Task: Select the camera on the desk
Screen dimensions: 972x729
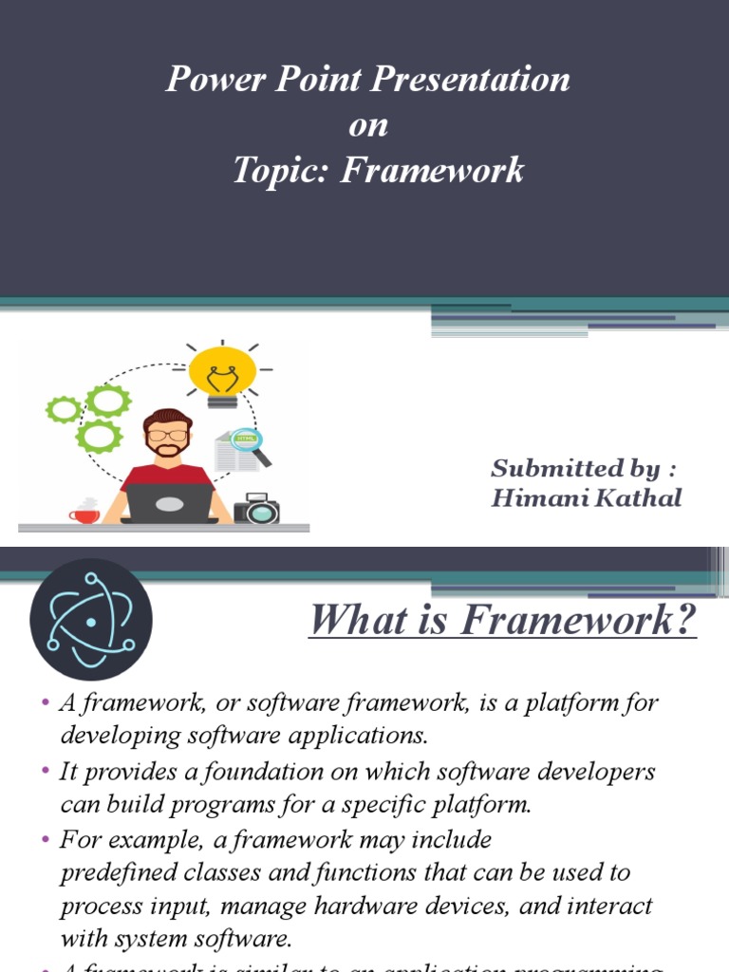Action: [x=256, y=509]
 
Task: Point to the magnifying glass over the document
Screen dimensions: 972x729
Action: [x=250, y=444]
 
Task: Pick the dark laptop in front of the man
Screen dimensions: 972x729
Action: [x=171, y=503]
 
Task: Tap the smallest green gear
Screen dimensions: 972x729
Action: [x=64, y=409]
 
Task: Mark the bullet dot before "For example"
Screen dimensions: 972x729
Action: [x=45, y=840]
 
